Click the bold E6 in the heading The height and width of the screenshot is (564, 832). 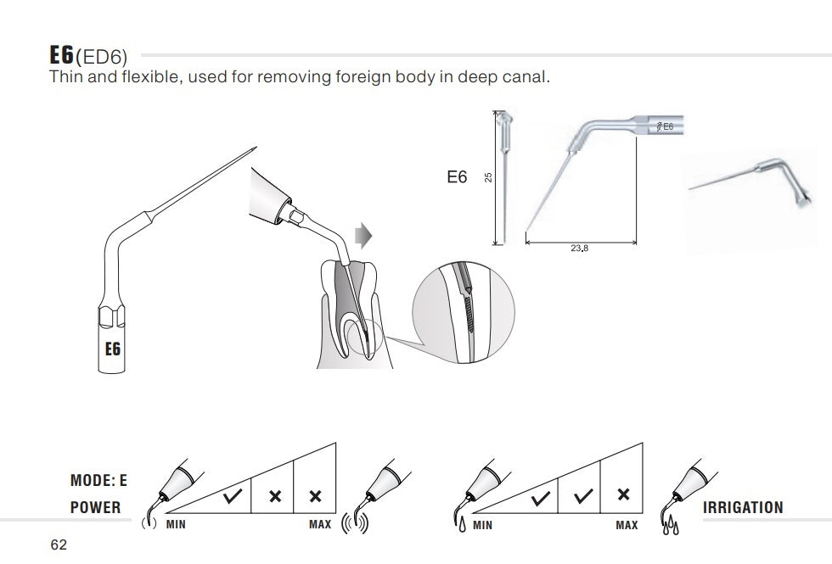coord(62,56)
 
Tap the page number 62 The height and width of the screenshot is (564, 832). coord(59,544)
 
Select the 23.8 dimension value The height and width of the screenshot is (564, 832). coord(581,249)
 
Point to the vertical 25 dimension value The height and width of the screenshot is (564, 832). coord(488,177)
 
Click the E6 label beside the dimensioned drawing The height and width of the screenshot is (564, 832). coord(457,177)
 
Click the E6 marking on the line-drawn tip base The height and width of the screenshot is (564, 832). coord(112,349)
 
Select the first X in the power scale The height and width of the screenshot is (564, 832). coord(275,497)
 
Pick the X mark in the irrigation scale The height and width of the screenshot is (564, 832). coord(624,494)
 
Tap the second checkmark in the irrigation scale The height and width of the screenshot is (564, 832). coord(582,497)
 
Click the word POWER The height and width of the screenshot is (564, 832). coord(96,507)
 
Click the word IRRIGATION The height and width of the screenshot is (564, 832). coord(743,507)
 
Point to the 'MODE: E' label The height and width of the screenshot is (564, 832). coord(98,481)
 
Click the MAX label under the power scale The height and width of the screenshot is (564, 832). coord(320,525)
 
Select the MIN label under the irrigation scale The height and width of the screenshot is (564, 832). coord(482,525)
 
